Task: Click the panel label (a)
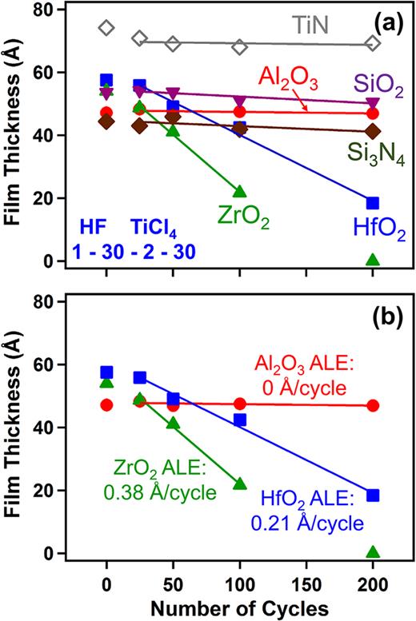[x=381, y=17]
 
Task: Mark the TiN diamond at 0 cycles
[x=106, y=28]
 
